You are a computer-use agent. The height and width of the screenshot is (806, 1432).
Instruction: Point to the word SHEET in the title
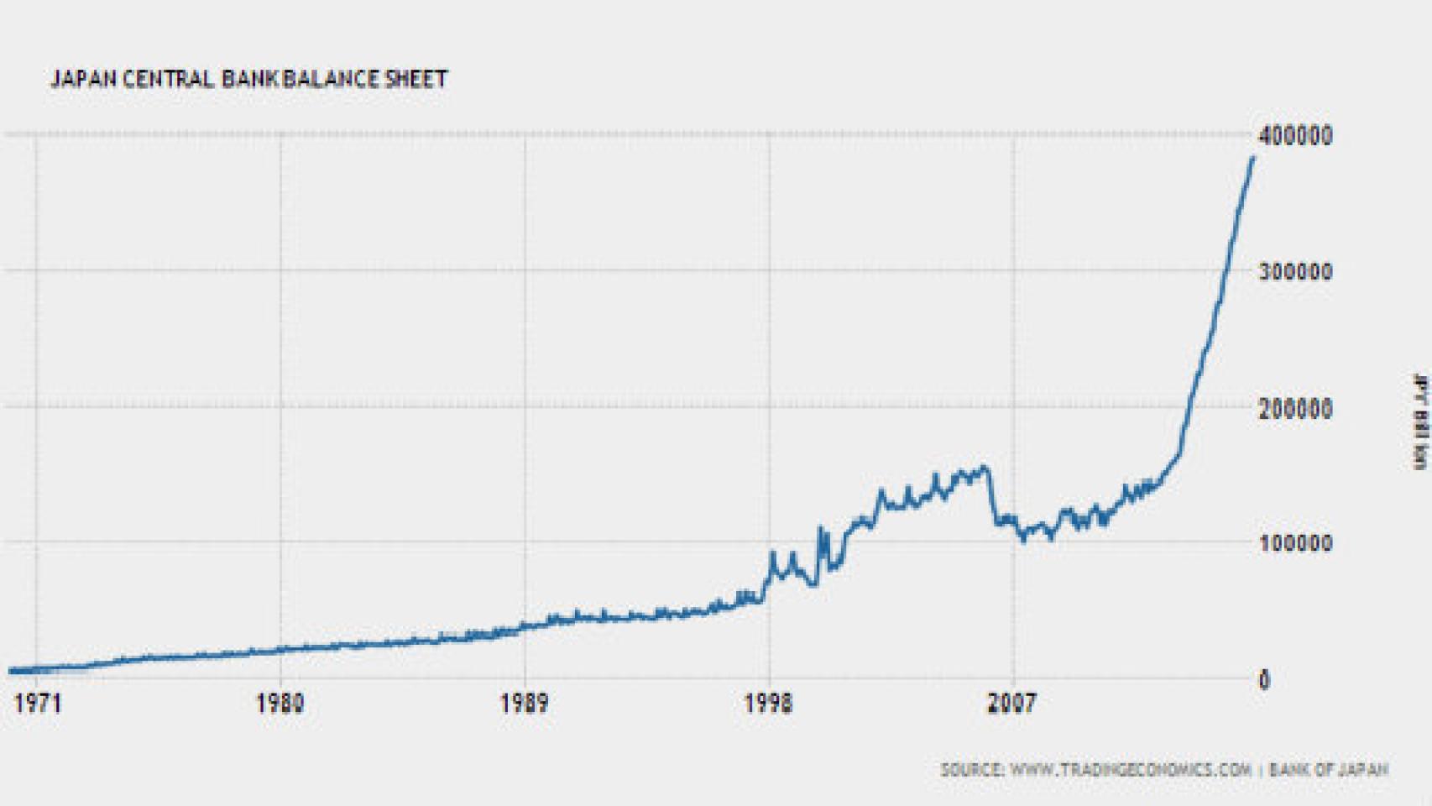click(x=416, y=79)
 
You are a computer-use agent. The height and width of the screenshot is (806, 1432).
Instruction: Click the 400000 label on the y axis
click(x=1295, y=135)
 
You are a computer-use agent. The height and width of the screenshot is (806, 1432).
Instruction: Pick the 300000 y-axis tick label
click(x=1295, y=272)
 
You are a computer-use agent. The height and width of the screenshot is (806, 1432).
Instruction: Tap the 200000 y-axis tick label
click(x=1295, y=409)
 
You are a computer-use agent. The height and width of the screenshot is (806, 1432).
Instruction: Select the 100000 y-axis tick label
click(x=1295, y=543)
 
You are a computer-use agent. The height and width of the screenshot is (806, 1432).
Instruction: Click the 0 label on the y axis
click(x=1264, y=680)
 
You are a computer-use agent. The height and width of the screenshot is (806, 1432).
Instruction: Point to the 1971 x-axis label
click(x=38, y=703)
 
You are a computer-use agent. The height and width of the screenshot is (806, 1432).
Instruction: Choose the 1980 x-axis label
click(x=280, y=703)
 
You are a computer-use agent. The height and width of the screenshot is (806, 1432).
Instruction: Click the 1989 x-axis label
click(x=525, y=703)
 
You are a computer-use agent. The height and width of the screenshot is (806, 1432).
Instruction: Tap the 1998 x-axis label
click(x=768, y=703)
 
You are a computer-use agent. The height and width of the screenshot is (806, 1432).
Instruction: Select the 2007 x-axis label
click(x=1011, y=703)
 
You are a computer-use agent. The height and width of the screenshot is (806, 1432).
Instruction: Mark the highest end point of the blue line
click(x=1253, y=157)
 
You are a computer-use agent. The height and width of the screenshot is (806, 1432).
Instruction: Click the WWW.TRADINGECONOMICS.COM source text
click(x=1130, y=770)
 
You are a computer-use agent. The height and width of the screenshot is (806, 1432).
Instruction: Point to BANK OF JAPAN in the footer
click(x=1328, y=770)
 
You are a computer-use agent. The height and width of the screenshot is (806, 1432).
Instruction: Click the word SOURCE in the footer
click(x=971, y=770)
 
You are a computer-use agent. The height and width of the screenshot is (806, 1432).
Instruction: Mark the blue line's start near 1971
click(x=10, y=671)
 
